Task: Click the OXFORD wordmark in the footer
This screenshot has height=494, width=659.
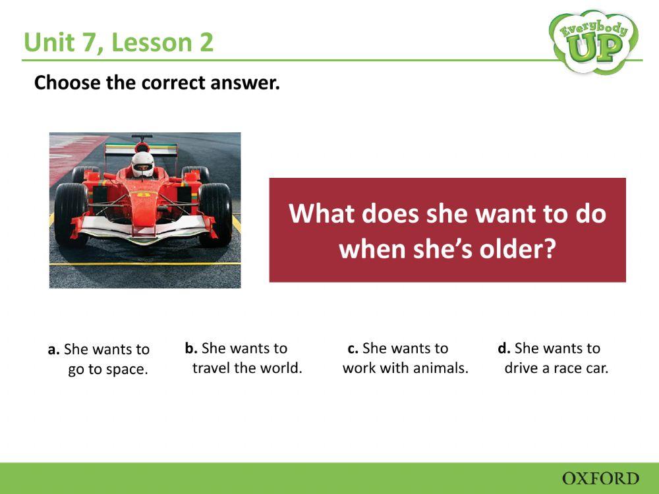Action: click(600, 478)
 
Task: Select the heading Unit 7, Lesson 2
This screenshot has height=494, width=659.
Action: click(119, 43)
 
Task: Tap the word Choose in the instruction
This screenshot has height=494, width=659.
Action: click(66, 83)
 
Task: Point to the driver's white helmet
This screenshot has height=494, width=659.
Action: click(142, 163)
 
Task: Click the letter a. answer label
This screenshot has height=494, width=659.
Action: click(54, 350)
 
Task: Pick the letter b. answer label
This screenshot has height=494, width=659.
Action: click(191, 348)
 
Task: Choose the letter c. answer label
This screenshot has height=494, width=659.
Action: click(353, 348)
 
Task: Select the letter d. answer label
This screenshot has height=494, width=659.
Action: click(504, 348)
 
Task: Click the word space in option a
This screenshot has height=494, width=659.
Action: click(127, 370)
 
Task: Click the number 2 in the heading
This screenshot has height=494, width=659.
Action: click(206, 43)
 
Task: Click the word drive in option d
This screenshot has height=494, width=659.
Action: click(521, 368)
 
